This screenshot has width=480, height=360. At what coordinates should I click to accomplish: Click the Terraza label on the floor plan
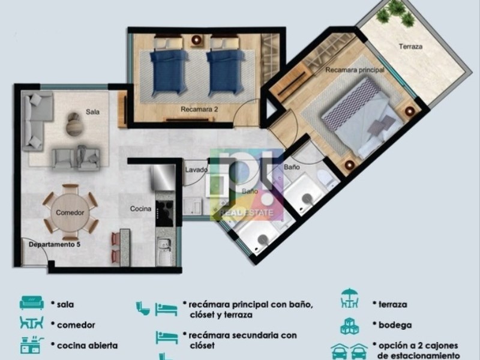410,47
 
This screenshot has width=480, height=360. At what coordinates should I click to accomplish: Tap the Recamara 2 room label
199,109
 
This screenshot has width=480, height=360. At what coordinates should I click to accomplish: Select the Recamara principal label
355,70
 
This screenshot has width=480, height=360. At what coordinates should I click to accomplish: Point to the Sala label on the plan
92,112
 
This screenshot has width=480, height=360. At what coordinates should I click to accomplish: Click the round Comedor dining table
70,212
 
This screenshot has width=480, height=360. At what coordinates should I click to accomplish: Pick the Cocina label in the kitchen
140,209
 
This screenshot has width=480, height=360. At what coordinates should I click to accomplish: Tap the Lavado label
196,170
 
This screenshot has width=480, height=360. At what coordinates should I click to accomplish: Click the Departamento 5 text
55,245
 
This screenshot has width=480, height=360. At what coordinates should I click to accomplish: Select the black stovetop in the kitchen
164,214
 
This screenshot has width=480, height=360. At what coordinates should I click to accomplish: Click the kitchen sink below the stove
164,251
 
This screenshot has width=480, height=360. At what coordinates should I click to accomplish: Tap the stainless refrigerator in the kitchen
163,177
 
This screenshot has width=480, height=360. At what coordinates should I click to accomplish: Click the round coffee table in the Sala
74,124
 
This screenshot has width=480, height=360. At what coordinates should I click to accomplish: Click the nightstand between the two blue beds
196,40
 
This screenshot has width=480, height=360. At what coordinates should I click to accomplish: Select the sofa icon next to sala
32,302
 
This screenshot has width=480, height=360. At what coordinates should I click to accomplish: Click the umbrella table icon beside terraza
349,298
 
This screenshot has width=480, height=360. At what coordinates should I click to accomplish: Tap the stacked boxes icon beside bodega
350,326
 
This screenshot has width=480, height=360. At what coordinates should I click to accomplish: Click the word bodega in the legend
395,325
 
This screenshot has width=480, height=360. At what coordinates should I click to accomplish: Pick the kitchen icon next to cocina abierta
32,345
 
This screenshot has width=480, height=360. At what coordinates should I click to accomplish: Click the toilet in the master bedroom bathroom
326,178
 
